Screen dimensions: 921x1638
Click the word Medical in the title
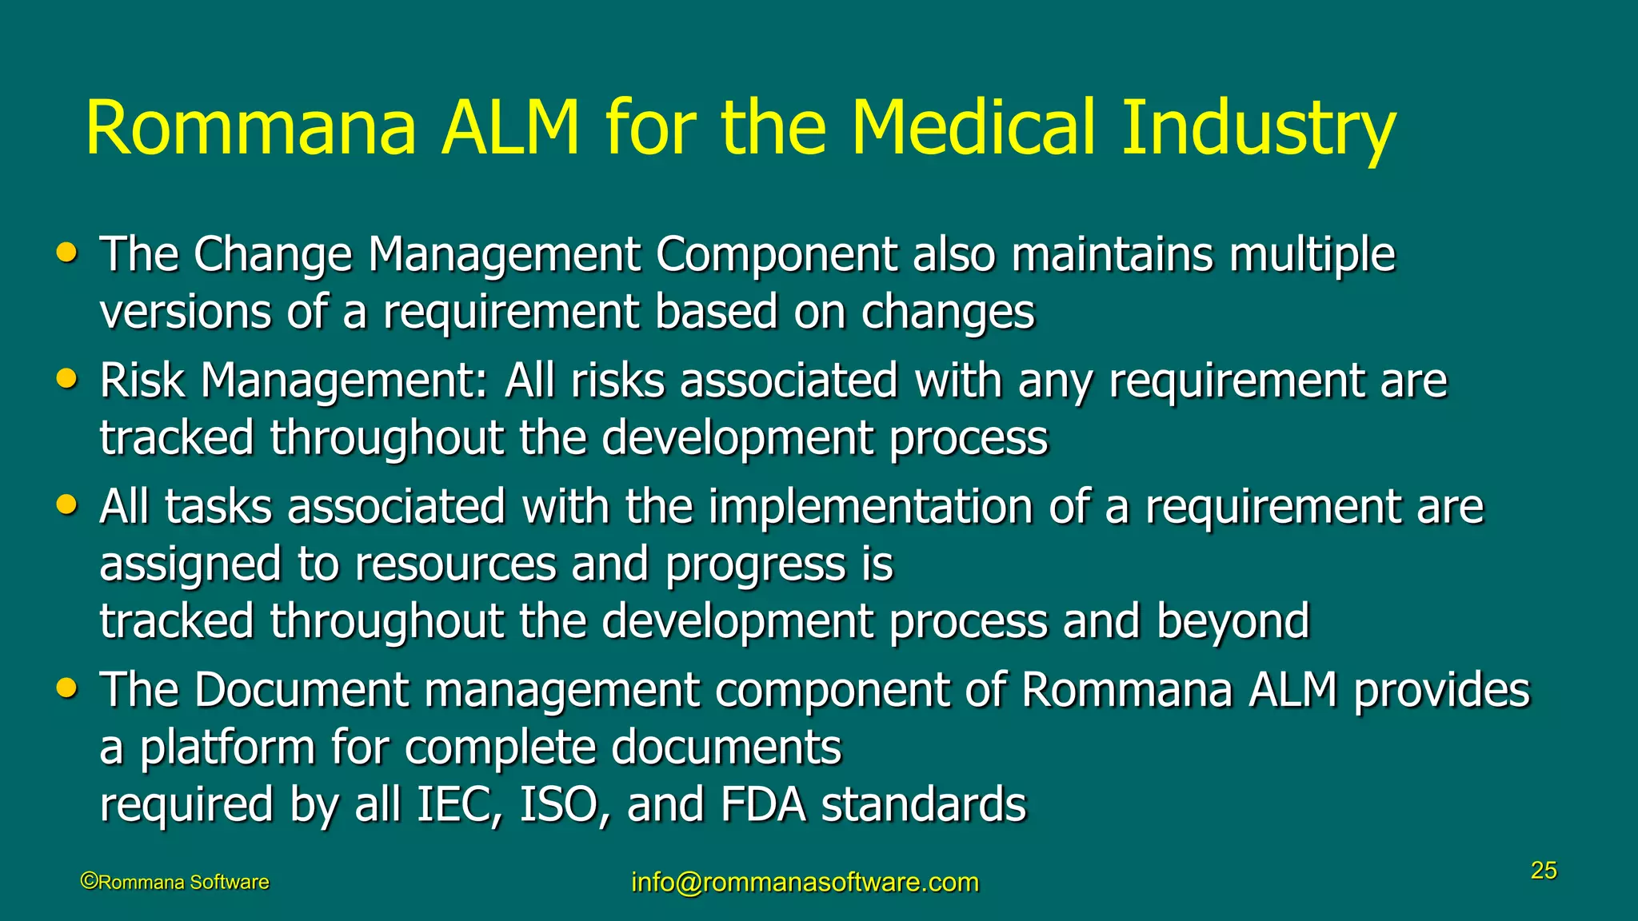973,128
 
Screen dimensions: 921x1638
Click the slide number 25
1544,871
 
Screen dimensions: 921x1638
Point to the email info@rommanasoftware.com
805,882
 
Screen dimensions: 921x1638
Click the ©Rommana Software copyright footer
175,882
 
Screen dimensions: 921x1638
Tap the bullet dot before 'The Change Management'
67,253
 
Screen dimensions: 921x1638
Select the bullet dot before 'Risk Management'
67,379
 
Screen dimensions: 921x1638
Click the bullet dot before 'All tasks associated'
67,505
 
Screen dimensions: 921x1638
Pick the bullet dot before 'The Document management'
67,688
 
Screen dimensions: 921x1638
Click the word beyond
1232,621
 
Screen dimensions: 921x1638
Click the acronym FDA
763,804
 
